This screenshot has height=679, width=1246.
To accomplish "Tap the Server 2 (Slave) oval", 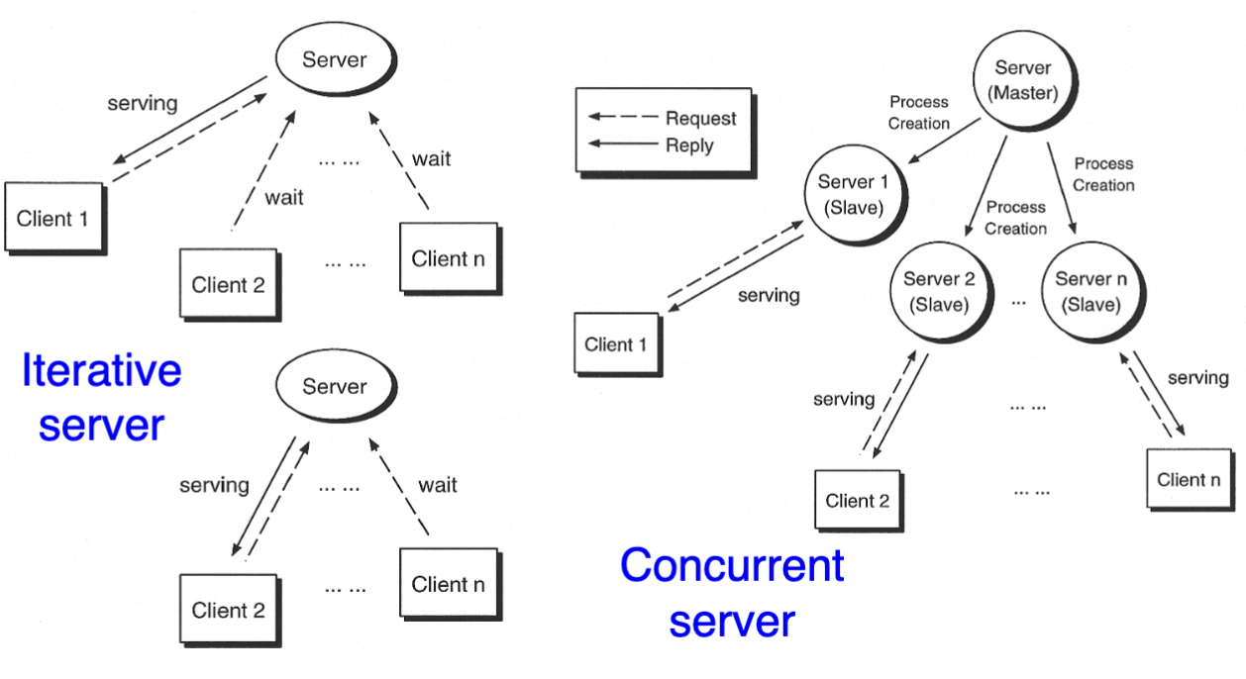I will point(939,292).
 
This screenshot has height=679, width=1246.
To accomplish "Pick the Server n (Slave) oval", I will point(1090,292).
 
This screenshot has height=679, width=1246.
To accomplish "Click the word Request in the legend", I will point(700,119).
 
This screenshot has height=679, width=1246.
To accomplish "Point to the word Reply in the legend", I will point(689,145).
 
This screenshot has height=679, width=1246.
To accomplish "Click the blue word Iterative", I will point(102,370).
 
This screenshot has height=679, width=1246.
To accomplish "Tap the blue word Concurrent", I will point(732,565).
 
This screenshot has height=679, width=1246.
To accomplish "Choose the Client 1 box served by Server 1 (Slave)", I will point(615,344).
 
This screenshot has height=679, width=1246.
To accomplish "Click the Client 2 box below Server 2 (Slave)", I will point(857,501).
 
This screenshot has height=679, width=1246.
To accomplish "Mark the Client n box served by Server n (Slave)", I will point(1188,480).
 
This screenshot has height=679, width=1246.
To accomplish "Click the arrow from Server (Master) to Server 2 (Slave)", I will point(986,188).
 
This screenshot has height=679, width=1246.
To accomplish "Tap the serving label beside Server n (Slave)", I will point(1197,377).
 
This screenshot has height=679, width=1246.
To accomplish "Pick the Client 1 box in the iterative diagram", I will point(52,219).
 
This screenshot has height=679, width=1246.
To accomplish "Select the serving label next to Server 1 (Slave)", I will point(769,295).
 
